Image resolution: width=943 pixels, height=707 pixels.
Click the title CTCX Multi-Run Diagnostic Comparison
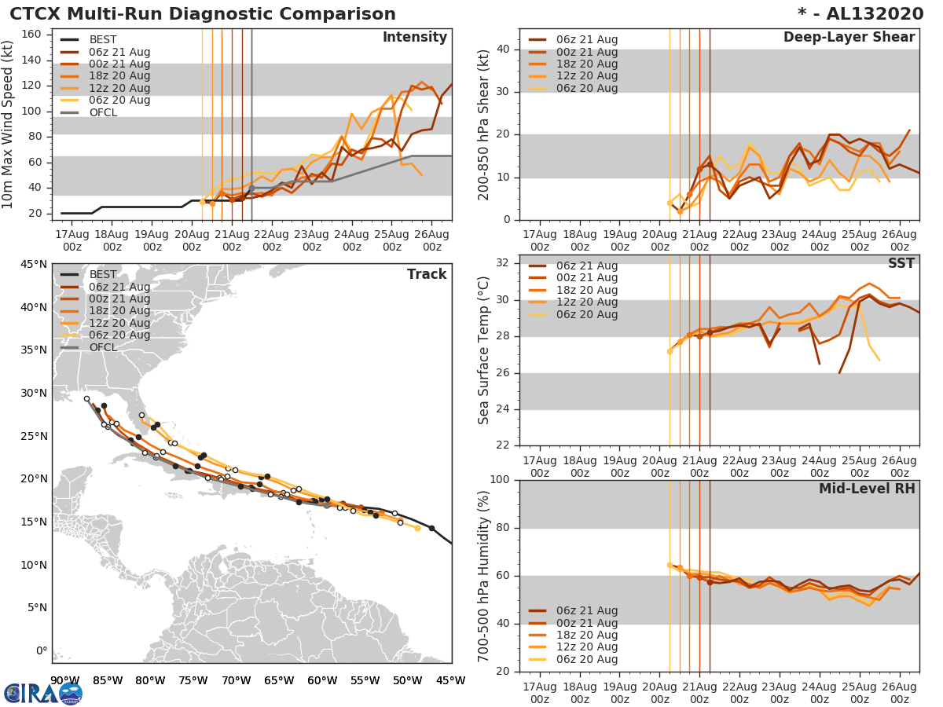point(203,14)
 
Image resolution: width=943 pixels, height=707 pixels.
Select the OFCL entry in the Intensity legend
point(103,112)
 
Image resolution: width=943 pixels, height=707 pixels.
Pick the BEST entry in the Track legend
point(103,274)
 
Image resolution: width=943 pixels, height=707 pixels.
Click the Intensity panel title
point(414,38)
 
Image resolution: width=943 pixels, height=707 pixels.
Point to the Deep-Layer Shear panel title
point(849,38)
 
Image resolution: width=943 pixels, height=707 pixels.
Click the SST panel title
point(901,263)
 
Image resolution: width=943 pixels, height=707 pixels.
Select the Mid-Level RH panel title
point(867,489)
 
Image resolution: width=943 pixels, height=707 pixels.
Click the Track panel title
point(427,274)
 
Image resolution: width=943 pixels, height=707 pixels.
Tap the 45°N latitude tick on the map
point(32,264)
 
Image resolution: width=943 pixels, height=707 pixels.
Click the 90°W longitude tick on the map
point(64,680)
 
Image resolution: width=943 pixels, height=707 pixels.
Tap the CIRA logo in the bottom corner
point(43,692)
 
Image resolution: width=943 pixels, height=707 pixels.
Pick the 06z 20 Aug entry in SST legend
point(586,314)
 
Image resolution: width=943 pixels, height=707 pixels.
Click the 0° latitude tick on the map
point(39,650)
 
